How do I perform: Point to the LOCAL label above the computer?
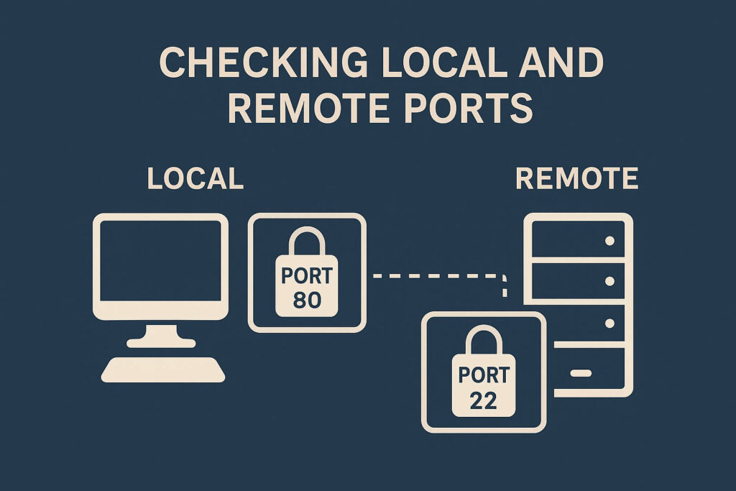tap(195, 179)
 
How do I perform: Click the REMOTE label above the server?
tap(577, 179)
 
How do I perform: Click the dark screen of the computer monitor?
tap(161, 260)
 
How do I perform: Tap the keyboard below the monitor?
tap(163, 369)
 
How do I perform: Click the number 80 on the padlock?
tap(307, 300)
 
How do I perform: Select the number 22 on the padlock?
tap(483, 400)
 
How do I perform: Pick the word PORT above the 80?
tap(307, 276)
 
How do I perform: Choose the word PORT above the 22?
tap(483, 375)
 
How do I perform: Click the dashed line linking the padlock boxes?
tap(431, 275)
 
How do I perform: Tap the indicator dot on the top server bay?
tap(610, 241)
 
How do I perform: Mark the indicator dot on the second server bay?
tap(610, 280)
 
